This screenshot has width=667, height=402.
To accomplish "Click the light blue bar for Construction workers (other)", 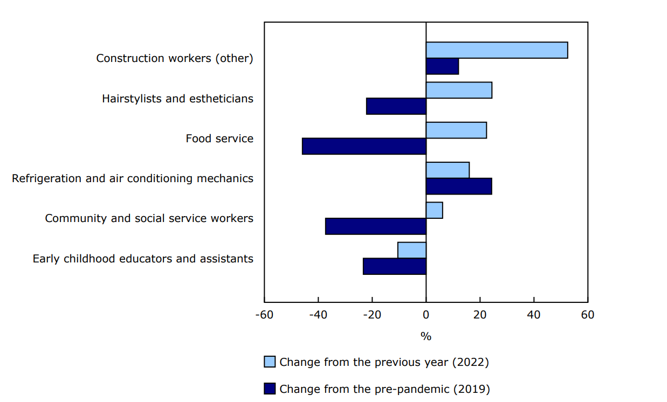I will [x=497, y=50].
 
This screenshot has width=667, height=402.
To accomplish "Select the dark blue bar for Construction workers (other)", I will [x=442, y=66].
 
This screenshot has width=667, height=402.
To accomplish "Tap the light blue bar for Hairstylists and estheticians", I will [x=459, y=90].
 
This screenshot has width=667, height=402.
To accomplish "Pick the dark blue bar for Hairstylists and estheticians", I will [x=396, y=106].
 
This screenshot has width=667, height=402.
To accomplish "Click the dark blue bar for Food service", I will [x=365, y=146].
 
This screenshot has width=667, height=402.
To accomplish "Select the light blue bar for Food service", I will [x=456, y=130].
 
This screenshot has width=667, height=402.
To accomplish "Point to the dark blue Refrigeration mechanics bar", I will [x=459, y=186].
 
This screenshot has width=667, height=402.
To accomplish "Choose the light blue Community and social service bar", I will [x=434, y=210].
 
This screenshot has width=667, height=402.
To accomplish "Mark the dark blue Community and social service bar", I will [x=376, y=226].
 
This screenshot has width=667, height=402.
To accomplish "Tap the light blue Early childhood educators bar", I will [x=412, y=250].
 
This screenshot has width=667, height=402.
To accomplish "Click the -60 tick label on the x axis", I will [x=264, y=314].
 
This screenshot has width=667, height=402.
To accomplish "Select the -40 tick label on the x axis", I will [x=318, y=314].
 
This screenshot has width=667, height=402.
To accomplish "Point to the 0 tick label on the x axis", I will [x=426, y=314].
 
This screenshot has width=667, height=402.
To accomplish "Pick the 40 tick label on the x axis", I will [x=534, y=314].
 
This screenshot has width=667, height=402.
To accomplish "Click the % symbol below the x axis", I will [x=426, y=336].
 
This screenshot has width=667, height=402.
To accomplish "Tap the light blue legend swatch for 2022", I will [x=270, y=362].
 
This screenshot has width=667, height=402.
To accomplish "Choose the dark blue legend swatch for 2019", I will [x=270, y=389].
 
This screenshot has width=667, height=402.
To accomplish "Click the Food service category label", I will [x=219, y=138].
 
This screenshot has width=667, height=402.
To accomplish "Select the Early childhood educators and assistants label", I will [x=143, y=259].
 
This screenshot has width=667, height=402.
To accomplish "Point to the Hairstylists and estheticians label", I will [x=177, y=99].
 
